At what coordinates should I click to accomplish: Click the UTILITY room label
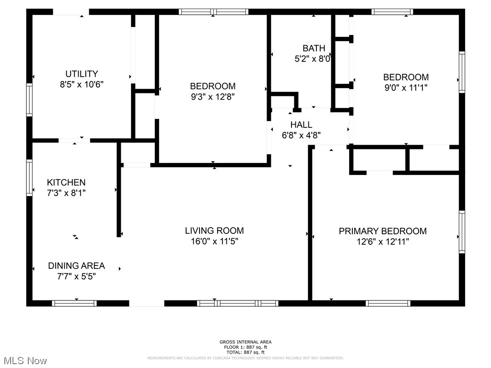pos(82,74)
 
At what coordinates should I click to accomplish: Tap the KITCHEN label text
pos(66,183)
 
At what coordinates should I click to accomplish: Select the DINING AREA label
pos(76,266)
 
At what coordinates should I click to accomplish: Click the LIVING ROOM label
pos(214,230)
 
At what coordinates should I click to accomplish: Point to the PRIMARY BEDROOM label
pos(383,231)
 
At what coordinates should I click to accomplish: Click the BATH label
pos(314,48)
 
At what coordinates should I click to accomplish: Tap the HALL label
pos(301,125)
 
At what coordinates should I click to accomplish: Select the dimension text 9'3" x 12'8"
pos(212,96)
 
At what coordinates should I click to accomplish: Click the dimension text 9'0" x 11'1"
pos(406,88)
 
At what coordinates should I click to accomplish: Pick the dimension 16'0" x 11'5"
pos(214,241)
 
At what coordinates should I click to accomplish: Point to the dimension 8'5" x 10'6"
pos(82,84)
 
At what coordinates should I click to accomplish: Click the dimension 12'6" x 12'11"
pos(383,241)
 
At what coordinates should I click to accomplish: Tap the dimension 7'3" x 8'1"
pos(66,193)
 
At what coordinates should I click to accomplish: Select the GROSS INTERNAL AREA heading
pos(245,342)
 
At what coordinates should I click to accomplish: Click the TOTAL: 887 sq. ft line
pos(245,352)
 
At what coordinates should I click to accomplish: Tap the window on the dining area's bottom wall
pos(74,303)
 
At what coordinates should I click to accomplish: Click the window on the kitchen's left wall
pos(29,178)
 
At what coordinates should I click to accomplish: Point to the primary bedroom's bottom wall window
pos(388,303)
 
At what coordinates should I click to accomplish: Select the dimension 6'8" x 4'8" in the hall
pos(301,135)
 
